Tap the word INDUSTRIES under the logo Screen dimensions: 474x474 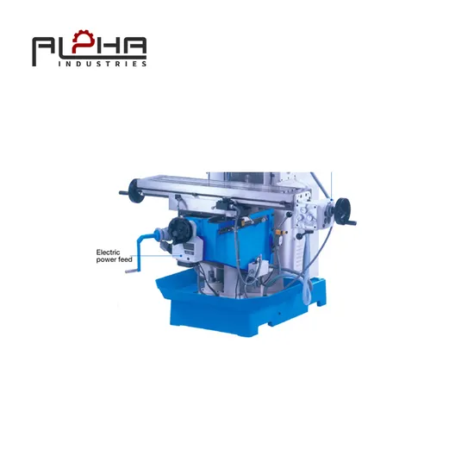point(103,64)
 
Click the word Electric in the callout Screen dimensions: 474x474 point(108,253)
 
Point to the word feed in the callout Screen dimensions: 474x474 point(125,259)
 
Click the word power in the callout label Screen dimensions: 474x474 point(106,260)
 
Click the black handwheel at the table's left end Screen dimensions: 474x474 point(134,190)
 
